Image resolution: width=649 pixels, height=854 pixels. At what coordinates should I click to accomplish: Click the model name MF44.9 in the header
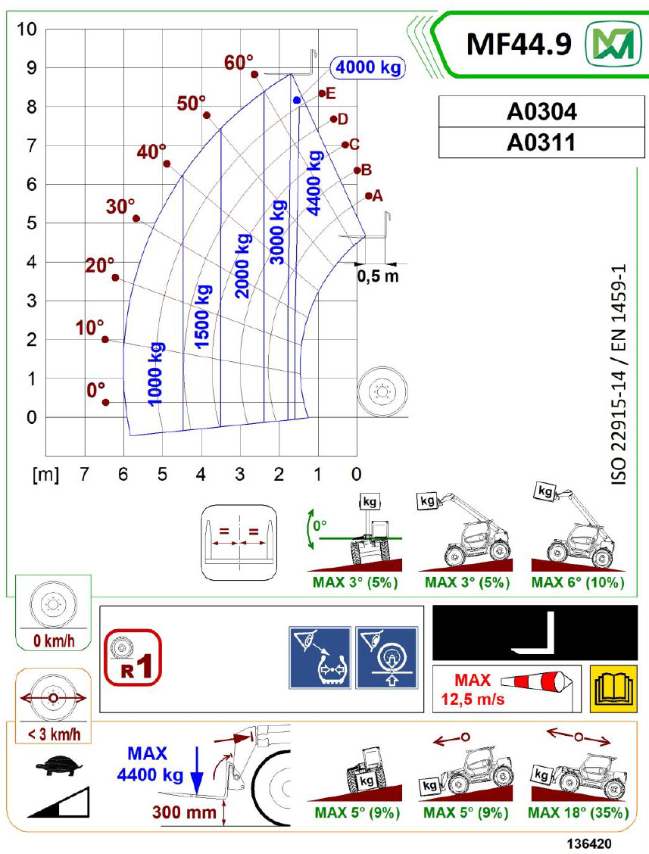click(519, 44)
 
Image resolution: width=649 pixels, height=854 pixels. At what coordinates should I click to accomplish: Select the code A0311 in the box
click(541, 142)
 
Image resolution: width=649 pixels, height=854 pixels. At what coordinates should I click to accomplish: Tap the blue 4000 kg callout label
click(368, 67)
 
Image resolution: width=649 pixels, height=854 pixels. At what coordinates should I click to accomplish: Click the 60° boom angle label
click(239, 63)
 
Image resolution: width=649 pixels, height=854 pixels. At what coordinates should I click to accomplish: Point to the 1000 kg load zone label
click(155, 374)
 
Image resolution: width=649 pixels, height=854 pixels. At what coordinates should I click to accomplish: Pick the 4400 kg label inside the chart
click(314, 183)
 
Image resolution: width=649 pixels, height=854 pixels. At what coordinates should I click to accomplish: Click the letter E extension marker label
click(330, 93)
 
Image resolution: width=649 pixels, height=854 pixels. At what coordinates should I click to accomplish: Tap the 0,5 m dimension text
click(378, 276)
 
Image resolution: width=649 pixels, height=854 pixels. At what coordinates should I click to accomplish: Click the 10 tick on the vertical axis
click(27, 29)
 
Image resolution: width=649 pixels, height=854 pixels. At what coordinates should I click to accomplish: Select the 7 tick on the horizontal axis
click(84, 474)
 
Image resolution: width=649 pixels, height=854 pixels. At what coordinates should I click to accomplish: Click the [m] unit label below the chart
click(45, 475)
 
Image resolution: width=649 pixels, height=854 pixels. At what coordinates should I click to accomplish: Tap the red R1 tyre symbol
click(133, 657)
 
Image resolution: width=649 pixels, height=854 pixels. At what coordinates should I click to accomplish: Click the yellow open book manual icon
click(613, 688)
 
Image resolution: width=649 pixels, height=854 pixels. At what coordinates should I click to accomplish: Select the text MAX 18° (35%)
click(578, 812)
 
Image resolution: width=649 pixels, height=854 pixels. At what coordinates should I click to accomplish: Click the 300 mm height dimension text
click(184, 812)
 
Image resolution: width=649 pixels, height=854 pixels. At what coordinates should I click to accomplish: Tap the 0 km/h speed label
click(54, 640)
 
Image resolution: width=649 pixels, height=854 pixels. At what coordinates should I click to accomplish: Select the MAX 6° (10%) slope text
click(578, 582)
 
